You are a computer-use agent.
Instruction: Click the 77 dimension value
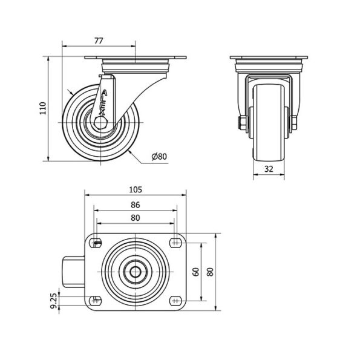pos(99,41)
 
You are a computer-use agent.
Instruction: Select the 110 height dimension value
pos(43,108)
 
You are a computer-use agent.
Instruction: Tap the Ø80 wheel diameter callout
pos(159,157)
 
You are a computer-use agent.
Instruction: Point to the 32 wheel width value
pos(269,169)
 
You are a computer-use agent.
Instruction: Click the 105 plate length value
pos(136,190)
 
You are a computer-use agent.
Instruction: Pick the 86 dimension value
pos(136,205)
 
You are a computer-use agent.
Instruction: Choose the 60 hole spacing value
pos(196,272)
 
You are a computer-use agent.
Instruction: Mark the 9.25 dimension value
pos(53,301)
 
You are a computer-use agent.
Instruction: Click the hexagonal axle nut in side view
pos(100,122)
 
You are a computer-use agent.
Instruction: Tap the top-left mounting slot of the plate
pos(96,243)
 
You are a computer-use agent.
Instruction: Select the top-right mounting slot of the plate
pos(175,243)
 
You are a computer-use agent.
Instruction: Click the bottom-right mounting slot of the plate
pos(175,301)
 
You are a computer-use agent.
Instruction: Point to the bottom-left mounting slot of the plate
pos(96,301)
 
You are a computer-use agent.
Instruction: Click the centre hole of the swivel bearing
pos(136,272)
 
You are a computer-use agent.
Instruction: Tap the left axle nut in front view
pos(241,123)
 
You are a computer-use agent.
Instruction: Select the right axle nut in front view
pos(294,123)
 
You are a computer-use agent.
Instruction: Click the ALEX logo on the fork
pos(103,103)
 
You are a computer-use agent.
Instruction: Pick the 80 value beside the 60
pos(210,272)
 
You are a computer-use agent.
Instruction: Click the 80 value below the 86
pos(136,218)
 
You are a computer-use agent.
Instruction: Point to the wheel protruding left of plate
pos(74,272)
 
